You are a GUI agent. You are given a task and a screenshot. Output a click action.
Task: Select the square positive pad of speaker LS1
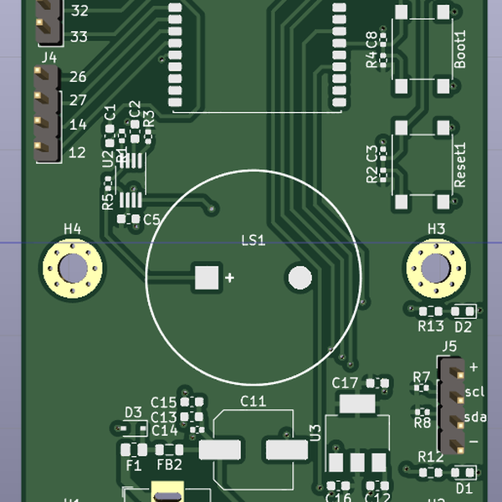[x=206, y=277]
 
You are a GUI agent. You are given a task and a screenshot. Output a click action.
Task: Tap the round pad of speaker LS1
[x=299, y=277]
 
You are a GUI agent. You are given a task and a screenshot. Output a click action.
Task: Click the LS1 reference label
[x=253, y=241]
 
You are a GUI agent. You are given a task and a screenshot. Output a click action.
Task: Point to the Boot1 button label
[x=459, y=49]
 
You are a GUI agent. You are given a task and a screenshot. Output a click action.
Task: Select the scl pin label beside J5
[x=475, y=392]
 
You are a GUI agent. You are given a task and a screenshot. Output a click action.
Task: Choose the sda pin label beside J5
[x=475, y=417]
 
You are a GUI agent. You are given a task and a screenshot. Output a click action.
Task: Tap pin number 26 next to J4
[x=78, y=77]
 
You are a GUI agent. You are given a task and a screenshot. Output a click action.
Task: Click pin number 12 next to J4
[x=78, y=152]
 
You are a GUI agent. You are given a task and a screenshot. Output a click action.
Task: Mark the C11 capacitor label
[x=253, y=402]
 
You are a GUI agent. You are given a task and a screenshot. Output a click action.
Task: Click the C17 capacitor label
[x=345, y=382]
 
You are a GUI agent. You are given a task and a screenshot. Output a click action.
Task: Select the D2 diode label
[x=463, y=326]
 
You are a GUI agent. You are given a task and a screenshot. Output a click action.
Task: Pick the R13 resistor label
[x=430, y=326]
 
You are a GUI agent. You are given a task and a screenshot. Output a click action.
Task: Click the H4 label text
[x=73, y=228]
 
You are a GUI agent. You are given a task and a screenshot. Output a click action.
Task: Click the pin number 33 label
[x=79, y=36]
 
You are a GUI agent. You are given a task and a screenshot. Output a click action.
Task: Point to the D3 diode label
[x=133, y=412]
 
